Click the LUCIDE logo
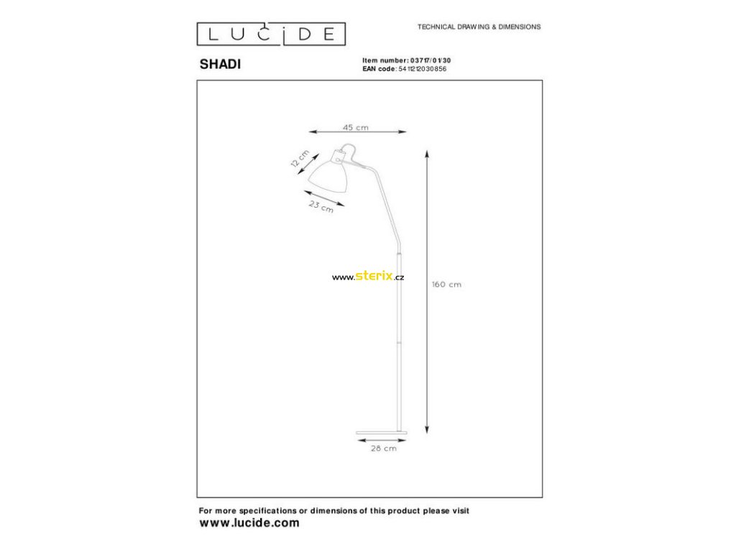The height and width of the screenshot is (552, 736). pos(272,34)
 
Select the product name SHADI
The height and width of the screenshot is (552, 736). pos(220,63)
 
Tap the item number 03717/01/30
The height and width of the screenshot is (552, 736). pos(429,61)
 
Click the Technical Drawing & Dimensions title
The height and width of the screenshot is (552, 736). pos(479,27)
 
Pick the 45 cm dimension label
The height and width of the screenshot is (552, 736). pos(356,127)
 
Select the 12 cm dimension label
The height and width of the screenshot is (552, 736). pos(299,159)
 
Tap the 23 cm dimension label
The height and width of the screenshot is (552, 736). pos(321,208)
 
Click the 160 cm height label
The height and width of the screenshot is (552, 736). pos(446,285)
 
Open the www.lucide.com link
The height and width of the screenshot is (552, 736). pos(249,523)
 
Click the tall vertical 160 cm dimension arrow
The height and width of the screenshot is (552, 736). pos(427,292)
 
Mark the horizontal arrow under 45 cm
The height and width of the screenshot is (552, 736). pos(357,132)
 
